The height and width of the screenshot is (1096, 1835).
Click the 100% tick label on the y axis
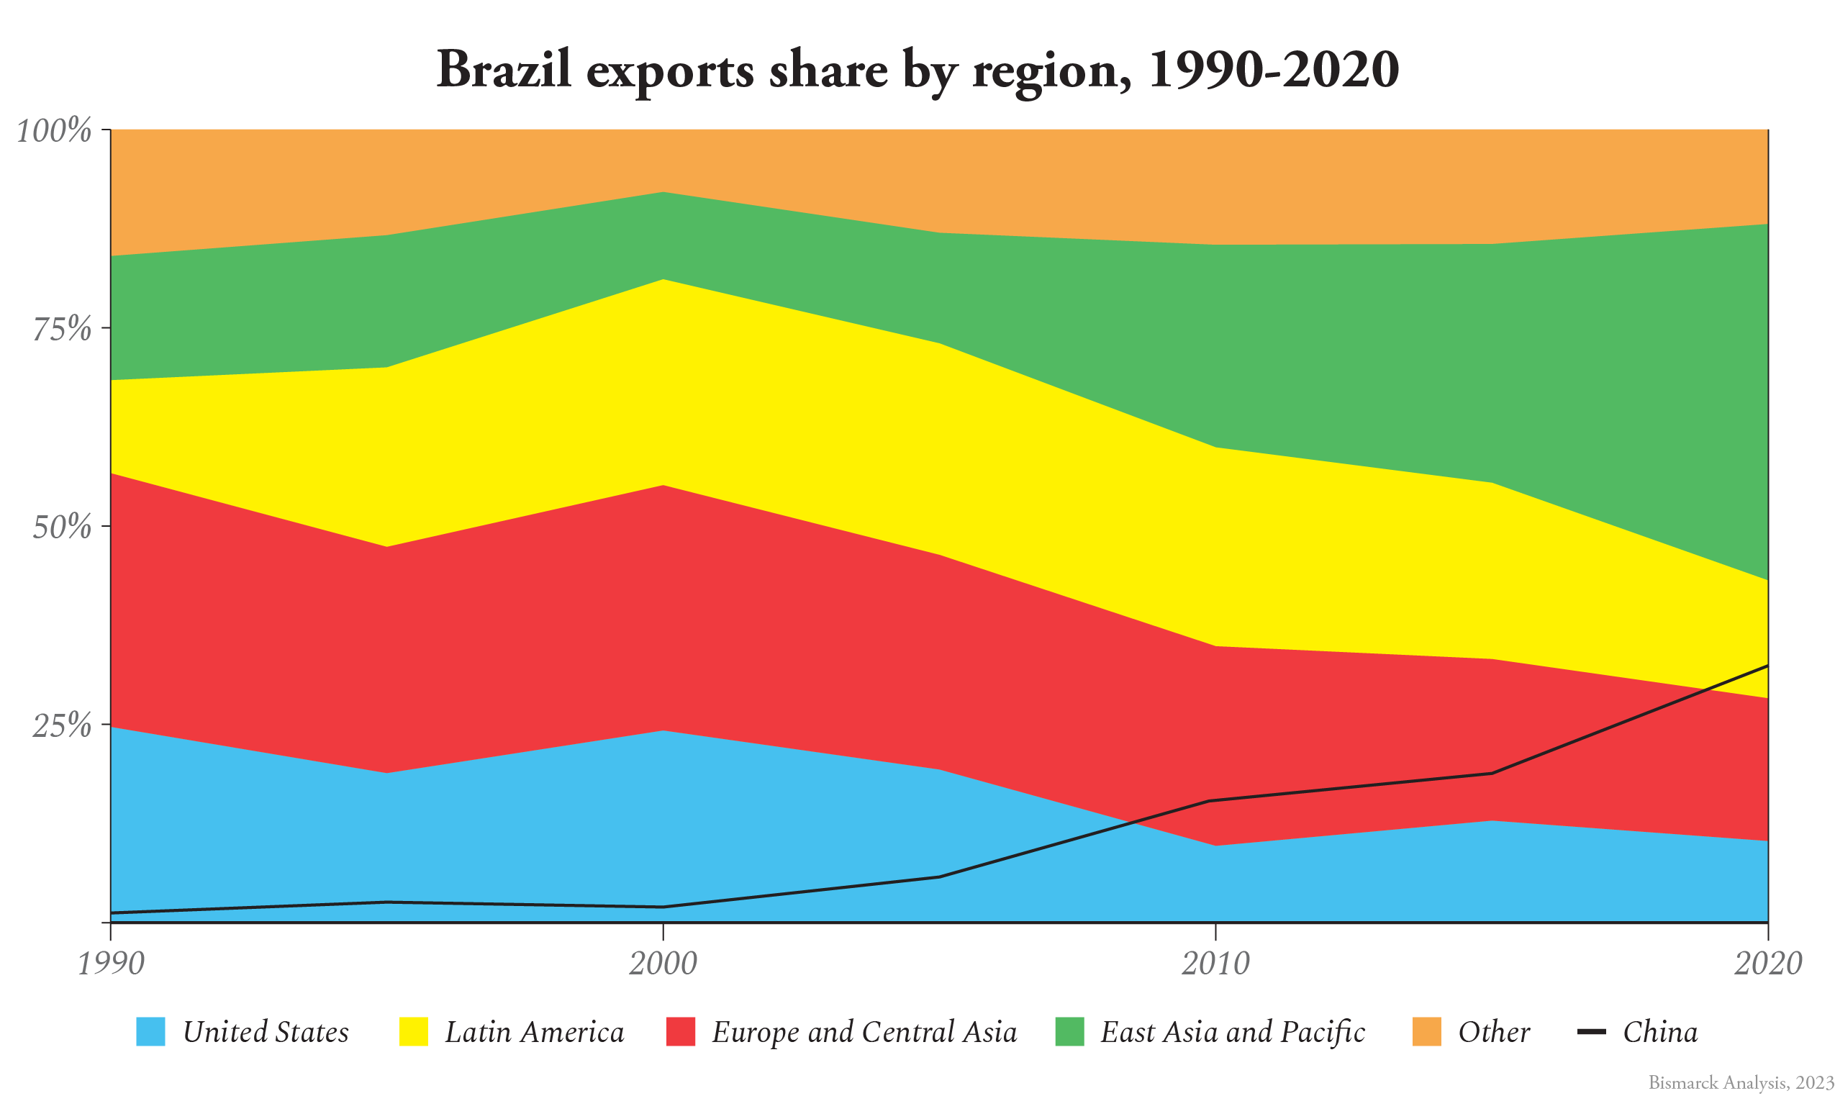[x=54, y=131]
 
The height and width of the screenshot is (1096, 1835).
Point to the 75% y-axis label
[x=62, y=329]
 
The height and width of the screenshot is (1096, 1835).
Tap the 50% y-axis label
[x=62, y=527]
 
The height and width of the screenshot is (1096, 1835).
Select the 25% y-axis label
[x=62, y=725]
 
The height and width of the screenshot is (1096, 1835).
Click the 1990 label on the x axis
[x=111, y=963]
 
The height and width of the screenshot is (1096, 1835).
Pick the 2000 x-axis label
[x=662, y=963]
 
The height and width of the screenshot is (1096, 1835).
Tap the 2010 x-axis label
[x=1215, y=963]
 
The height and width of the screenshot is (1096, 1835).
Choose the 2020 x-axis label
[x=1767, y=963]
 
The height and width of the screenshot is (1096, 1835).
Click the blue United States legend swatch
[x=150, y=1032]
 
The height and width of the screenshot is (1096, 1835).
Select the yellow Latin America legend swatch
[x=414, y=1032]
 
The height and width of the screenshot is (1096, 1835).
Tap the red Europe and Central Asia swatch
[x=680, y=1032]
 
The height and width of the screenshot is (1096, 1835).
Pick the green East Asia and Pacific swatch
[x=1070, y=1032]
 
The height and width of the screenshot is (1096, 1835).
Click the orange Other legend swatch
[x=1427, y=1032]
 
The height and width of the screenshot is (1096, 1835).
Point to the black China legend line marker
[x=1591, y=1032]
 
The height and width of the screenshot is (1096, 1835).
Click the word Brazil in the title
[x=504, y=70]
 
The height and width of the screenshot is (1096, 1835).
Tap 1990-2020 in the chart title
[x=1273, y=70]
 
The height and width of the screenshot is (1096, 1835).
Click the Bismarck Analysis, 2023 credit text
[x=1741, y=1083]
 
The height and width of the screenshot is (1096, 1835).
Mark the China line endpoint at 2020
[x=1767, y=666]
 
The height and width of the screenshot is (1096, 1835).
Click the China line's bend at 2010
[x=1215, y=800]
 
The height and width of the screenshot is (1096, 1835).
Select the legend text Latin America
[x=534, y=1032]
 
